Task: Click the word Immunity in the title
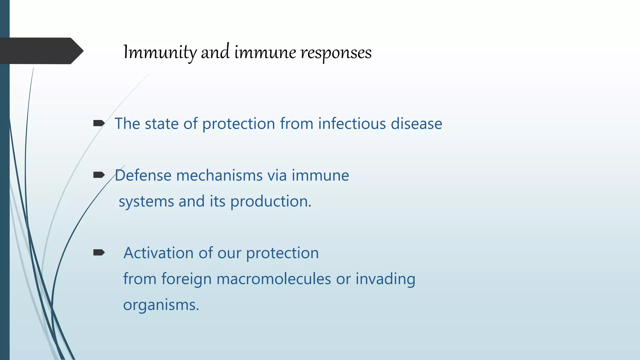pos(160,52)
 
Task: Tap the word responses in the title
pos(336,52)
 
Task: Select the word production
pos(270,202)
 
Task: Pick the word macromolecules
pos(273,279)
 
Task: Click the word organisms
pos(161,305)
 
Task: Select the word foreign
pos(186,279)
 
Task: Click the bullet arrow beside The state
pos(99,123)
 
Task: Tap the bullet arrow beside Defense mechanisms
pos(99,175)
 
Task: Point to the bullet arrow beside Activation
pos(99,252)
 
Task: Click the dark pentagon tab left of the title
pos(41,51)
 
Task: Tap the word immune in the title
pos(265,52)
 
